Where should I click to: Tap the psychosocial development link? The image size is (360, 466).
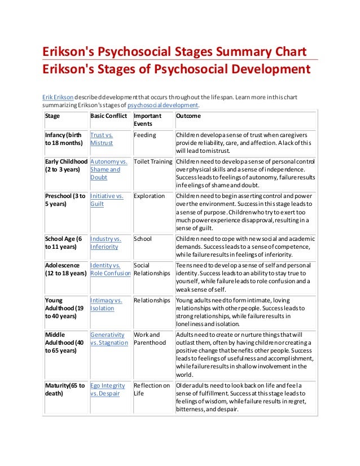[163, 105]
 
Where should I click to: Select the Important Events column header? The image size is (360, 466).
[147, 119]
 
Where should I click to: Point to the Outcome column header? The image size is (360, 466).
[188, 116]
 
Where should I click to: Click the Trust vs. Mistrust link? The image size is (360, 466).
[102, 139]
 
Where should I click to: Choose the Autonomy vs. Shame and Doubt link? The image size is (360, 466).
[108, 169]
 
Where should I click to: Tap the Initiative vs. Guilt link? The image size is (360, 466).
[107, 200]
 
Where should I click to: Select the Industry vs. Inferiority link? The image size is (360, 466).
[105, 243]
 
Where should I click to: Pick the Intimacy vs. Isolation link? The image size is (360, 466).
[106, 305]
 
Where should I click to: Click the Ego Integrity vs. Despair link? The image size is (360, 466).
[108, 389]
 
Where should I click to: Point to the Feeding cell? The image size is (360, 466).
[144, 136]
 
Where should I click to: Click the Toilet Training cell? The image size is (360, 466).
[152, 161]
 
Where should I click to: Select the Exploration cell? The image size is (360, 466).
[149, 196]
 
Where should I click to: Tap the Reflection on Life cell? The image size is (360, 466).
[151, 389]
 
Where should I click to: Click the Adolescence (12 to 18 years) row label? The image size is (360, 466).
[65, 269]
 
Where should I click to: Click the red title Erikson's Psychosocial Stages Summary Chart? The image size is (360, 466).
[175, 52]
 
